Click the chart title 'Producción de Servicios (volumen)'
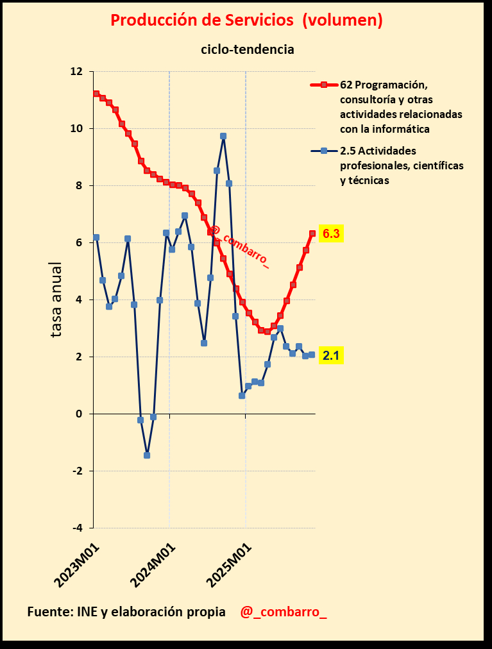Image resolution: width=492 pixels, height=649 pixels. coord(246,21)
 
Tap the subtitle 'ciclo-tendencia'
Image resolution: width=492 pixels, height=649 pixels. coord(248,49)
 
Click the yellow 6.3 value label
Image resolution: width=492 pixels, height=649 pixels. coord(331,234)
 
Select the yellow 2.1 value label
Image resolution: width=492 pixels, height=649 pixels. coord(331,355)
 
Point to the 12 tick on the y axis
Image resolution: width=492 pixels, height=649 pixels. coord(76,72)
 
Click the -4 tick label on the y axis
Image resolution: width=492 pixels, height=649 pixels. coord(77,528)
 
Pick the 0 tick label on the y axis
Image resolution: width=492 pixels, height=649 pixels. coord(80,414)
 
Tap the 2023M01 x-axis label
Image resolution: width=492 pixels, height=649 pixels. coord(79,564)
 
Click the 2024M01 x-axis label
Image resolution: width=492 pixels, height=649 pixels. coord(154,564)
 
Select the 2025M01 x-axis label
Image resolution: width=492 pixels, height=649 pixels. coord(230,564)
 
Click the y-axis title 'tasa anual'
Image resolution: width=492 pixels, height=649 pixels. coord(56,299)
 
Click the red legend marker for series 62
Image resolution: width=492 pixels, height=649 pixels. coord(324,85)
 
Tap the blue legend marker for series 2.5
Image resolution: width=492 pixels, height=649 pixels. coord(324,151)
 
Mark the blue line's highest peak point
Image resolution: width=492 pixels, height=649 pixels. coord(223,136)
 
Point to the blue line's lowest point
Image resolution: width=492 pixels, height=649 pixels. coord(147,455)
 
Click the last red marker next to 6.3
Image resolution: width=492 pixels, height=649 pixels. coord(312,233)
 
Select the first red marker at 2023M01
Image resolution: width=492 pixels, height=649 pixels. coord(96,94)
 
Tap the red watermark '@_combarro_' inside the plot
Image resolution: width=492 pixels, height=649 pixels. coord(239,247)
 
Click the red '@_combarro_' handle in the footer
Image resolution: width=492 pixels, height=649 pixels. coord(283,612)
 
